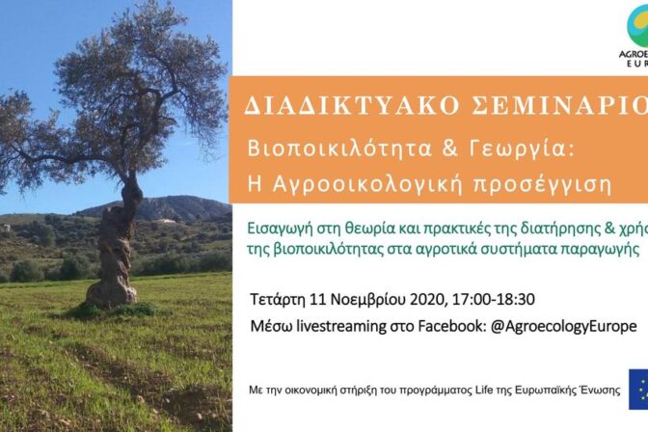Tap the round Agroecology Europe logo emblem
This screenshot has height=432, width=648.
tap(637, 23)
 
